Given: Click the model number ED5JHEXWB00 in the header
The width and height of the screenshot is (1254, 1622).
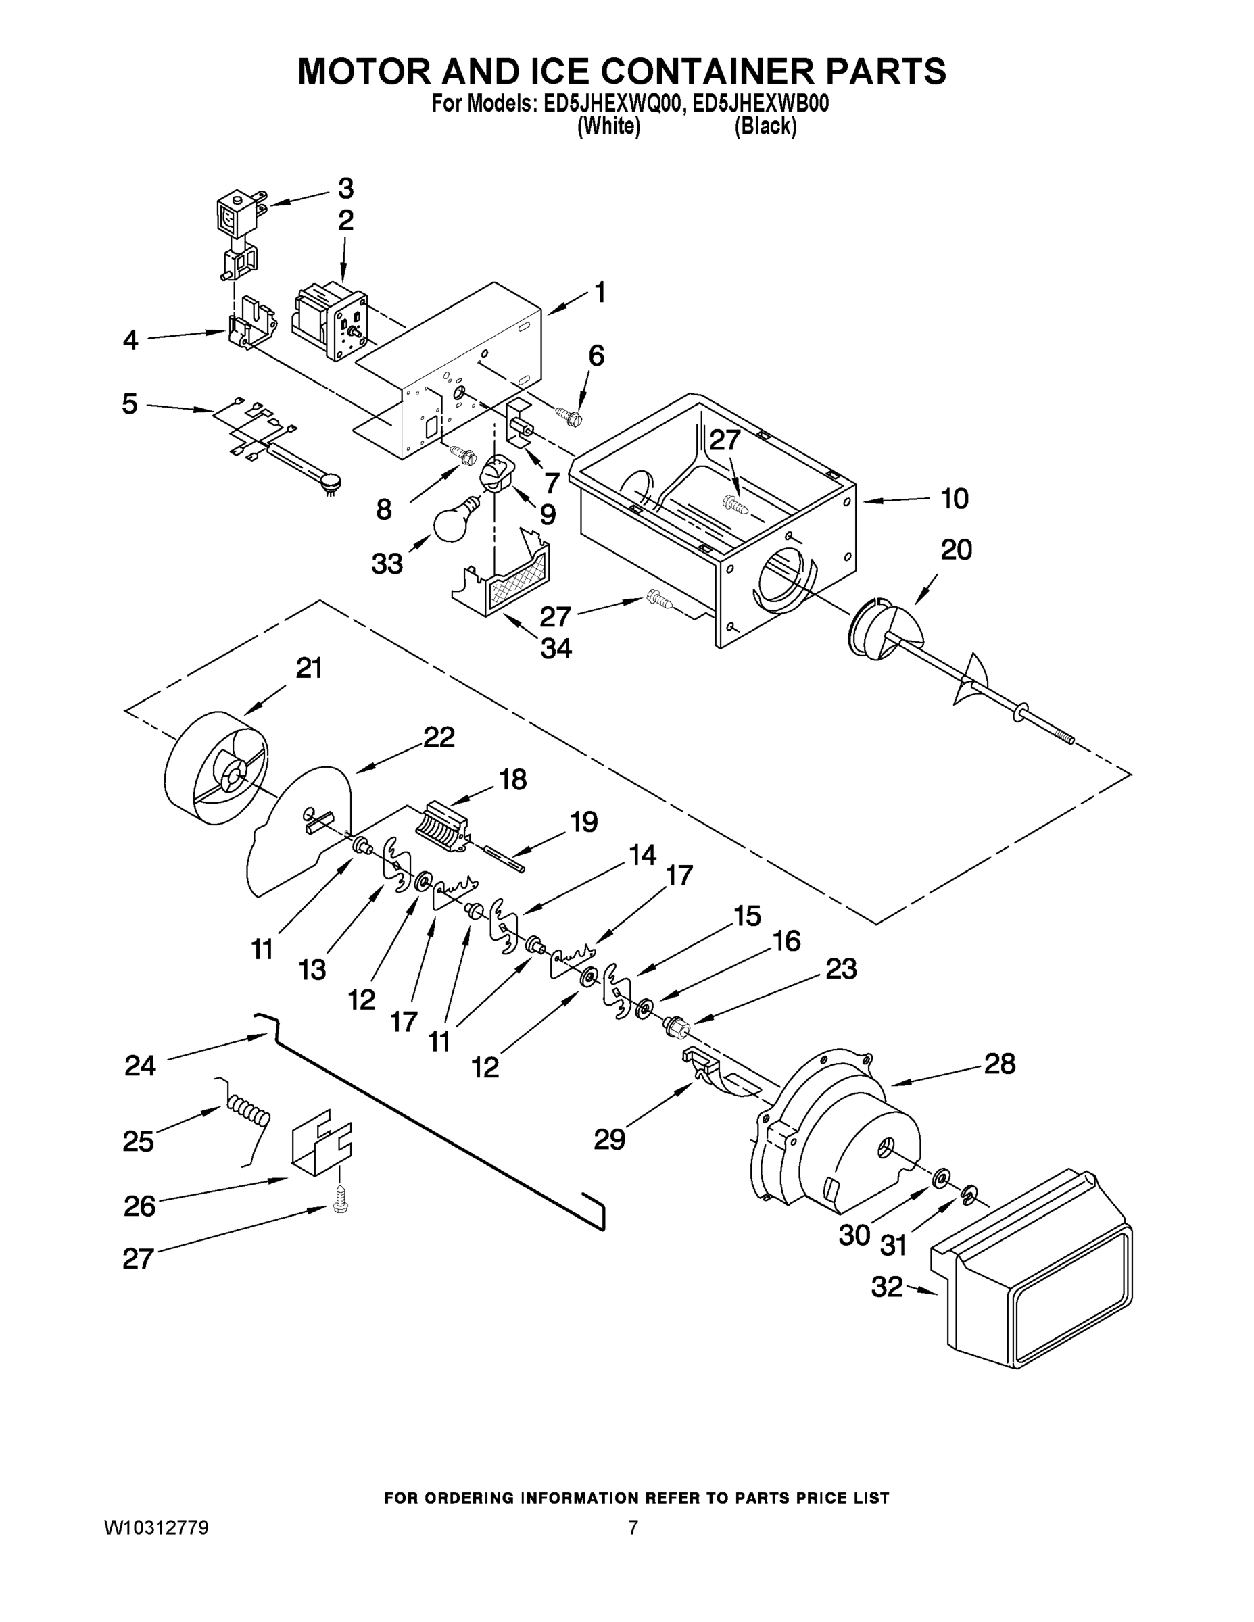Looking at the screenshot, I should click(x=760, y=104).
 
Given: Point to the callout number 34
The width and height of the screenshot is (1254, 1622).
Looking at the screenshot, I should click(x=555, y=648).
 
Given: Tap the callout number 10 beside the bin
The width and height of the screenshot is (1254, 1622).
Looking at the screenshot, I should click(x=954, y=498).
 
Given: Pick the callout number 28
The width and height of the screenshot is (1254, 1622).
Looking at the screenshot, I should click(x=999, y=1064).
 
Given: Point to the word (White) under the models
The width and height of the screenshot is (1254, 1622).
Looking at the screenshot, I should click(x=608, y=127).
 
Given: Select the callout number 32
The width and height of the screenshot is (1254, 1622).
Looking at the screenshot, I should click(x=886, y=1286).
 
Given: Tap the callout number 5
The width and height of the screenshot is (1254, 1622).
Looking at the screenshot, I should click(x=130, y=404).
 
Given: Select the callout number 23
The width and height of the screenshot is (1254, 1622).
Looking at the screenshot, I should click(x=840, y=968).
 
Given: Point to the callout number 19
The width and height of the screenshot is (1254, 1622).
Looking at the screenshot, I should click(x=583, y=822).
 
